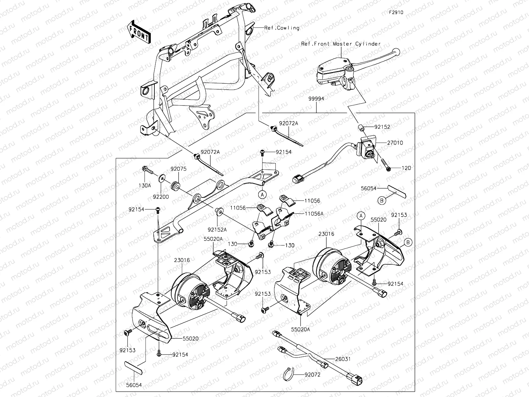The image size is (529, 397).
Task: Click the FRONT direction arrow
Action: (x=139, y=32)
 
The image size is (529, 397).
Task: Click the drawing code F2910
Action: (x=396, y=13)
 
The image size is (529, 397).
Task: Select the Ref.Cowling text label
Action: (x=282, y=28)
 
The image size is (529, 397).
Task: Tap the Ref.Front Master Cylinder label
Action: (x=341, y=44)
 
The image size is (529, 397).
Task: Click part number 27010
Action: (x=394, y=143)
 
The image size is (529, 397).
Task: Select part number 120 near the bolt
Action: (x=406, y=168)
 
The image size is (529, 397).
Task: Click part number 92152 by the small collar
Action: (x=382, y=127)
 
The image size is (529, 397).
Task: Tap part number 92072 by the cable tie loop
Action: (x=312, y=375)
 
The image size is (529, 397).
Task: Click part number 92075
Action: (x=179, y=169)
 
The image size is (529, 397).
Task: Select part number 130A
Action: (x=144, y=186)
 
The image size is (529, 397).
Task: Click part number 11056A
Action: (x=314, y=214)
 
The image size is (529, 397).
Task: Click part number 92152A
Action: (x=217, y=229)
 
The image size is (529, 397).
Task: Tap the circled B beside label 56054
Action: (x=381, y=200)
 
